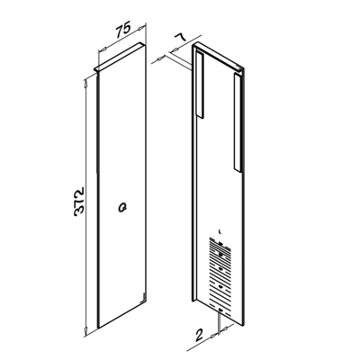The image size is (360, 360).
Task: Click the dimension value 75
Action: point(123,30)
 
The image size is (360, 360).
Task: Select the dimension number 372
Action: point(79,202)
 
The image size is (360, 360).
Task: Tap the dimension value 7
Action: point(180,39)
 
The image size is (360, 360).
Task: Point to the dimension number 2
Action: point(199,335)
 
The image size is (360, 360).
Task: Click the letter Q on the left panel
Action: point(122,207)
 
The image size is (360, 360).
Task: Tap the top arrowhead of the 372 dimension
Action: point(85,81)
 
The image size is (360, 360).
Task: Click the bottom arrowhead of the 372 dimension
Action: point(85,330)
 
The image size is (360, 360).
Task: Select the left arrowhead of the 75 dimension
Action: point(103,49)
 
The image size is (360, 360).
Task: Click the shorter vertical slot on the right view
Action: point(200,85)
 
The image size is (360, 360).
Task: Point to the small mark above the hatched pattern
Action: point(220,231)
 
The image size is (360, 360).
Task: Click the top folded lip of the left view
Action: point(120,57)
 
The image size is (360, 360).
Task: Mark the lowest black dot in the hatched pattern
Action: point(220,310)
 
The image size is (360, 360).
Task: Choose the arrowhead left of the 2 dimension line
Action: point(214,335)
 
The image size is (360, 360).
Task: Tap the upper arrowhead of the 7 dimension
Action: point(175,49)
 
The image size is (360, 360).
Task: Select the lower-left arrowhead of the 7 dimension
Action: point(160,58)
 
